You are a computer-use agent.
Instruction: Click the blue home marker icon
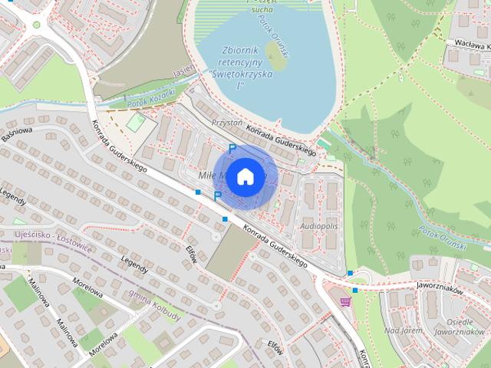pyautogui.click(x=244, y=176)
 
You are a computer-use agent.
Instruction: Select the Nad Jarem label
pyautogui.click(x=403, y=331)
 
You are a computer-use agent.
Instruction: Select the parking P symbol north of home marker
pyautogui.click(x=232, y=148)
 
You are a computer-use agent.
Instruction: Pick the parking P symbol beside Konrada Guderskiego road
pyautogui.click(x=218, y=197)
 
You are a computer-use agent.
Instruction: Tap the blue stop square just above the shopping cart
pyautogui.click(x=354, y=290)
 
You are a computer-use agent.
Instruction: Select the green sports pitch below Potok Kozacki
pyautogui.click(x=134, y=122)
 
